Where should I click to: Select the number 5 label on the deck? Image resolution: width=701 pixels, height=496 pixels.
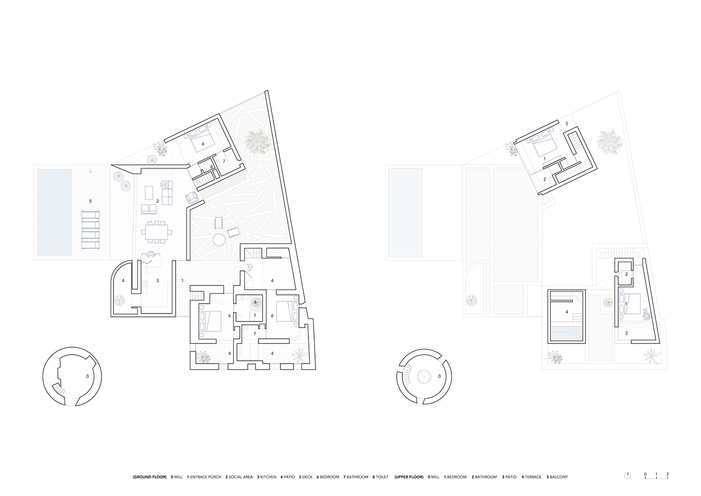[x=91, y=201]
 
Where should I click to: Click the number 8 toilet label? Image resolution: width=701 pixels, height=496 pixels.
[x=212, y=167]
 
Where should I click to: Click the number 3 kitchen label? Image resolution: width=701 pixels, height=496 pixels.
[x=157, y=281]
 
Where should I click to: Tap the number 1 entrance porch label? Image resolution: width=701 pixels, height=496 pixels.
[x=183, y=281]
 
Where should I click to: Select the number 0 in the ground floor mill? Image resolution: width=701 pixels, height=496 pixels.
[x=87, y=376]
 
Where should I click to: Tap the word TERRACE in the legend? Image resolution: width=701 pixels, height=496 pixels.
[x=532, y=477]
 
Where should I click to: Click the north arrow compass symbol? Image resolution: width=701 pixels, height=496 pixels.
[x=628, y=475]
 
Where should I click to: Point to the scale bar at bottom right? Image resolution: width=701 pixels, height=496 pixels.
[x=656, y=475]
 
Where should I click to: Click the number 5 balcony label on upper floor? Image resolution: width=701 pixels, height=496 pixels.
[x=567, y=124]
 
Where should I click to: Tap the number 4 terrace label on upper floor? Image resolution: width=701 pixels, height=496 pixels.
[x=566, y=312]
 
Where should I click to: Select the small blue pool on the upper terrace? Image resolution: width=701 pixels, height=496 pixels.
[x=566, y=334]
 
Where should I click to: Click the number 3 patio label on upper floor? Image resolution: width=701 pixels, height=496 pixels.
[x=626, y=334]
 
